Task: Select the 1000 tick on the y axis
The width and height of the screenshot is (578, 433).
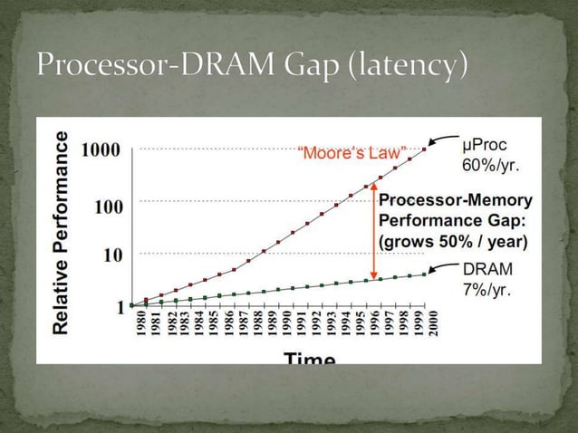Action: click(x=101, y=150)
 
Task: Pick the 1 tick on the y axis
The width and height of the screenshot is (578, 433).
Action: click(x=120, y=306)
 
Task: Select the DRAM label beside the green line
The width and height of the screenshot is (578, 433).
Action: click(x=487, y=269)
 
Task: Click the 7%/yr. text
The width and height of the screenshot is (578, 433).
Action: click(x=486, y=289)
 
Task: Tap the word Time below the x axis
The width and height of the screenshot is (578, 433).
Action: click(x=310, y=357)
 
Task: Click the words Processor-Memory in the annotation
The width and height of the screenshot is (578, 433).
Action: click(x=455, y=201)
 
